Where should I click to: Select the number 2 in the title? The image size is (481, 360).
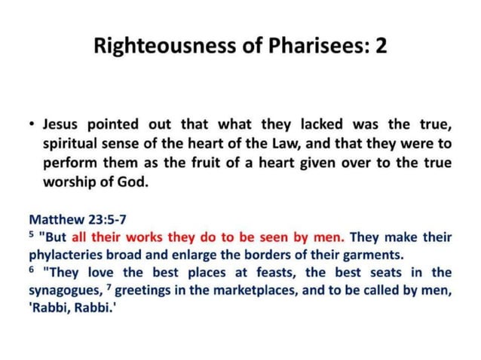tap(381, 47)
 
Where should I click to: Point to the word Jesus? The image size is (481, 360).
tap(62, 124)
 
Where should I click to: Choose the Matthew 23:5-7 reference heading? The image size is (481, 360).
tap(78, 220)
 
